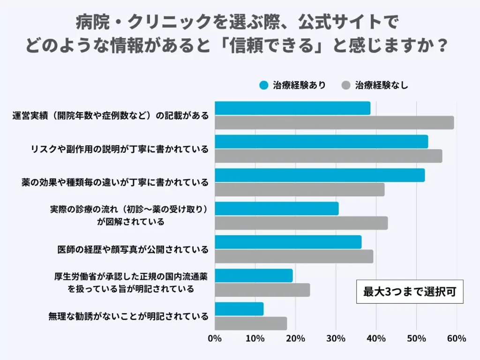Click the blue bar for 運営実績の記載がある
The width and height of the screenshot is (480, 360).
[292, 108]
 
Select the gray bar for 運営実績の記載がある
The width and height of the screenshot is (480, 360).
[334, 122]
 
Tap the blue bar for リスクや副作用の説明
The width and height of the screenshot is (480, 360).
[321, 142]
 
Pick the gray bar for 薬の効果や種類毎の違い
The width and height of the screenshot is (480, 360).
[300, 189]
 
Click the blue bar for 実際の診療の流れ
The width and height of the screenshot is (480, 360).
[277, 209]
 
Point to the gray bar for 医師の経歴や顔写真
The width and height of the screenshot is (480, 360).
[294, 256]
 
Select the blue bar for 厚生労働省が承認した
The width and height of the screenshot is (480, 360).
[254, 276]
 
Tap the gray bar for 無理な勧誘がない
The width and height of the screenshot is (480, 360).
[251, 323]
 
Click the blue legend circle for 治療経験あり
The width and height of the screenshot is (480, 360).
[264, 85]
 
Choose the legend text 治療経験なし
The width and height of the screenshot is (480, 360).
[382, 85]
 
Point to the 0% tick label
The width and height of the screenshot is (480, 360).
[215, 339]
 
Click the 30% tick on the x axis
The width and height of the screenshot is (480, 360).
[336, 339]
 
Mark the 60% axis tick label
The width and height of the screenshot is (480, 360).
[457, 339]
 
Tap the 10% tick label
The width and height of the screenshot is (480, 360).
[255, 339]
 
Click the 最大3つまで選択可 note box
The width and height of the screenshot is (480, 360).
[409, 292]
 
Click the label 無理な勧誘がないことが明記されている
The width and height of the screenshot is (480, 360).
[128, 316]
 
